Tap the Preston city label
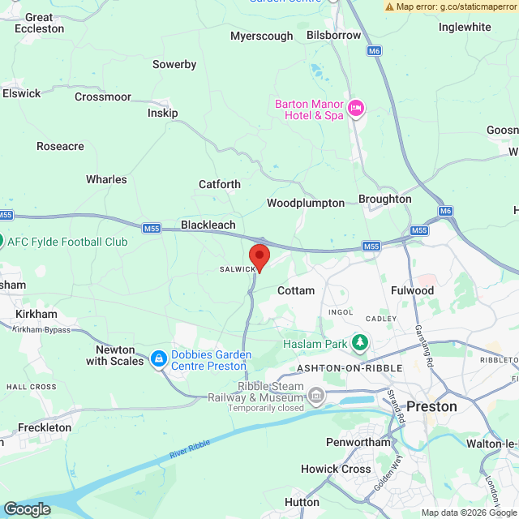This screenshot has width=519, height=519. (431, 406)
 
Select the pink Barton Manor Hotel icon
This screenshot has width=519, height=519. (355, 109)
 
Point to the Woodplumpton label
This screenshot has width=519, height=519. (306, 203)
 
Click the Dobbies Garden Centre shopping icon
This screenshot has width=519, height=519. (158, 358)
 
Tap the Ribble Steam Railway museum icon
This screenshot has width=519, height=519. (316, 397)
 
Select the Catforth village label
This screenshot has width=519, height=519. (220, 184)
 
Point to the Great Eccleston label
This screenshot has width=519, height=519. (39, 23)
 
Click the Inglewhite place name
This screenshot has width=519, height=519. (465, 27)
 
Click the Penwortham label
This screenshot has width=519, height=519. (358, 442)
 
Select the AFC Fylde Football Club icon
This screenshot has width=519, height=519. (2, 241)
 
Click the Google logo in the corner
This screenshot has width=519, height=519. (26, 508)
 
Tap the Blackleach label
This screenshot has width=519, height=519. (208, 225)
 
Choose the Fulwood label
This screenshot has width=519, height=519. (412, 290)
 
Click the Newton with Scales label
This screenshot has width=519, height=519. (114, 354)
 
